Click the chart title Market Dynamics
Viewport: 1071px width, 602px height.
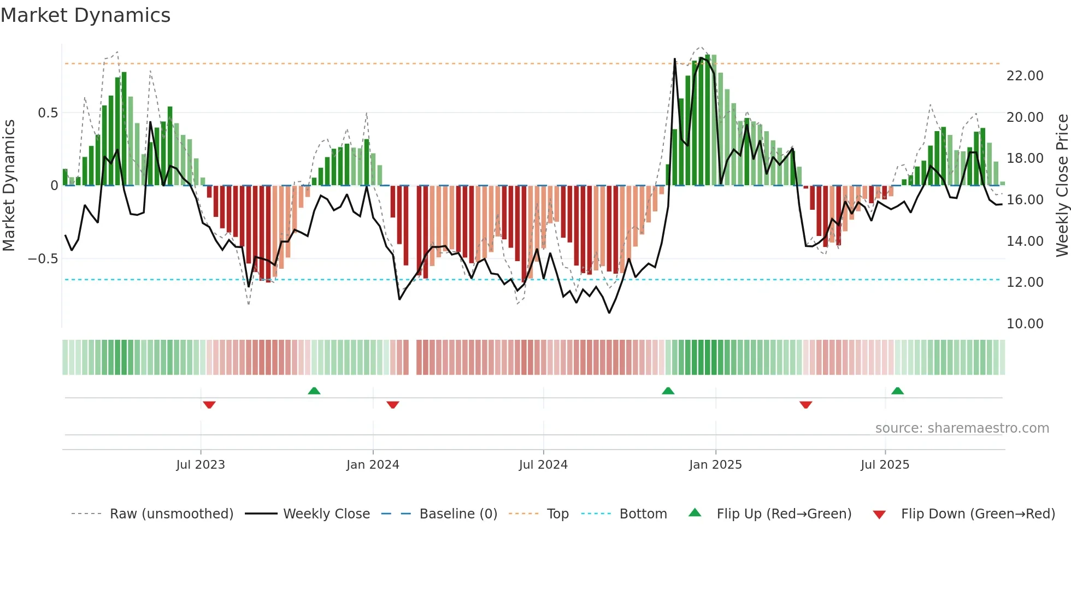point(85,15)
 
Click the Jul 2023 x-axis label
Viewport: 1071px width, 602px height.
point(201,465)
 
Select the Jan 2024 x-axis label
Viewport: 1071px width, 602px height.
point(373,465)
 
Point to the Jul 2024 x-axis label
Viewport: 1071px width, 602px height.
point(543,465)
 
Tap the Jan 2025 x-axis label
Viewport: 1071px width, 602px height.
point(715,465)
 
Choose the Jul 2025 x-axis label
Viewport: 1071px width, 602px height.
point(885,465)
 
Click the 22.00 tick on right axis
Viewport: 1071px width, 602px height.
point(1025,76)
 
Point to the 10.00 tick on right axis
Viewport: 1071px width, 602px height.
point(1025,324)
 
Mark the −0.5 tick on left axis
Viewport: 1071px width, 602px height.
point(43,259)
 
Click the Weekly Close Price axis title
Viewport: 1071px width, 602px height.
point(1062,185)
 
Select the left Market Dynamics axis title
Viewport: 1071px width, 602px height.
point(9,185)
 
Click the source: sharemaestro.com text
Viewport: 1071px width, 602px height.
point(962,428)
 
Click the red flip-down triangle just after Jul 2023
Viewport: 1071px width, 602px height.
point(209,405)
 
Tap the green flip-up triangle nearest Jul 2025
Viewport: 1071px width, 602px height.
point(897,391)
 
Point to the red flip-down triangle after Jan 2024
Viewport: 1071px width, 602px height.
point(393,405)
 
